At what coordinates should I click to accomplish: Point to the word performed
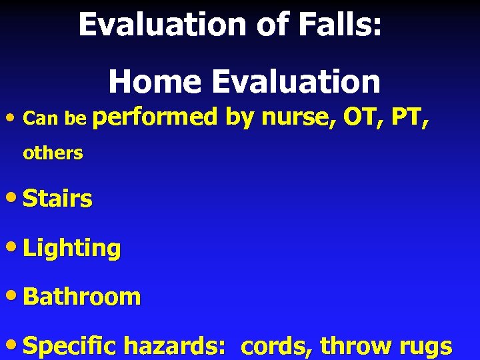coord(156,119)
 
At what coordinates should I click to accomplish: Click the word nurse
coord(299,119)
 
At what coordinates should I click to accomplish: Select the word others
coord(53,153)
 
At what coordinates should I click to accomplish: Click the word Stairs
coord(57,199)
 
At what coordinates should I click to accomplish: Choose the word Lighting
coord(72,249)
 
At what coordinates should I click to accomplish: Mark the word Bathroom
coord(82,297)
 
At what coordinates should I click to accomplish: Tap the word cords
coord(276,347)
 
